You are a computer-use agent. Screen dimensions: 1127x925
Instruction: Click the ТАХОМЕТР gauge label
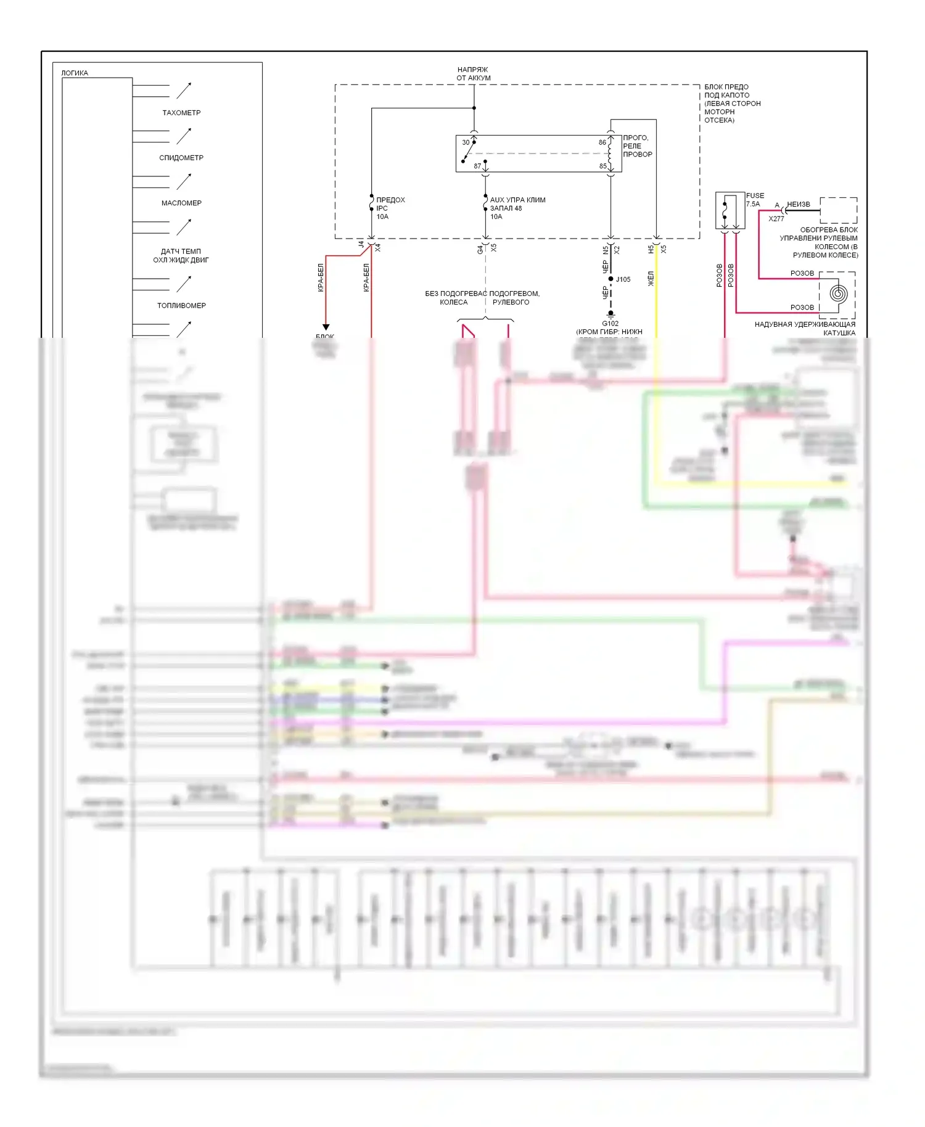(181, 113)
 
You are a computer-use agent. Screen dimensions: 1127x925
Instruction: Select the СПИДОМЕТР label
(181, 158)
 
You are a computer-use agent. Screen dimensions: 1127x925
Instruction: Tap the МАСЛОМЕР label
(181, 203)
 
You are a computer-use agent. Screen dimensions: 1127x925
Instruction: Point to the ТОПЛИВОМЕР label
(181, 306)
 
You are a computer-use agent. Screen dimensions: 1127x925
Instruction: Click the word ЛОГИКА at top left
(75, 73)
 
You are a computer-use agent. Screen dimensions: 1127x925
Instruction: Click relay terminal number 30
(466, 142)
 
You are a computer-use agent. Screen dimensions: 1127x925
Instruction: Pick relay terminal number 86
(602, 142)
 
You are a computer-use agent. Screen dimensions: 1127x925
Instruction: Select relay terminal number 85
(603, 166)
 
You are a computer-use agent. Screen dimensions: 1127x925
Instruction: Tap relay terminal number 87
(477, 166)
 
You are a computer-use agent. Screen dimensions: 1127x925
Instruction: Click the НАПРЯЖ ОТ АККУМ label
(474, 74)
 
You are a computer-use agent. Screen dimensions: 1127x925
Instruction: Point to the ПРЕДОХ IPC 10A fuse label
(390, 208)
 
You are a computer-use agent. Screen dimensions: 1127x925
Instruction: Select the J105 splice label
(623, 279)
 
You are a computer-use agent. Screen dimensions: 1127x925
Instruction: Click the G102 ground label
(610, 323)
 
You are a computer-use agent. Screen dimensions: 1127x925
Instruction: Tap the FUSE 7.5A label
(755, 200)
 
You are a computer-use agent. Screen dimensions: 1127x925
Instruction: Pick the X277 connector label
(776, 219)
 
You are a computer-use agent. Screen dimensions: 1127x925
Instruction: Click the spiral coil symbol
(837, 294)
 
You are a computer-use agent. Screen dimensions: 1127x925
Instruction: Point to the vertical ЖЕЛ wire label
(651, 279)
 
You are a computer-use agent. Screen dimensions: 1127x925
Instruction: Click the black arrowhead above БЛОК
(326, 327)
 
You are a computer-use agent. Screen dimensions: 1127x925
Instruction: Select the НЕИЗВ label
(799, 204)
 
